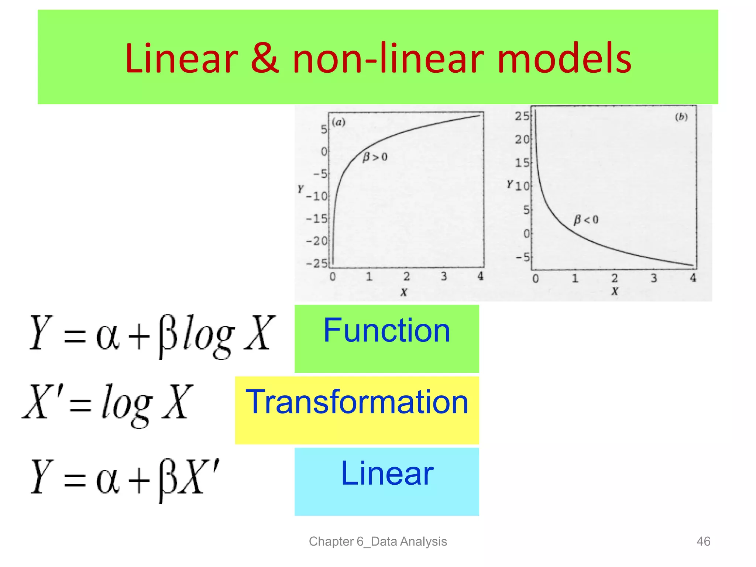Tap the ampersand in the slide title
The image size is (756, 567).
point(264,59)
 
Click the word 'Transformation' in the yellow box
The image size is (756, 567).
point(357,402)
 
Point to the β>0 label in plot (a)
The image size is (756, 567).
point(375,157)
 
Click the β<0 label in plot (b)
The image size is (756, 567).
point(585,220)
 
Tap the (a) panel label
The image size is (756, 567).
point(338,122)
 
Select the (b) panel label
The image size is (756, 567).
point(681,117)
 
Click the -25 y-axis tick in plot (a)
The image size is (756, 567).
point(317,263)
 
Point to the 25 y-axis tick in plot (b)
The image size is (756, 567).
point(522,116)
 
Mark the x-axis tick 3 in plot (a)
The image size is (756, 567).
point(444,276)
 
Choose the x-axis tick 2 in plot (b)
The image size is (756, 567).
point(614,278)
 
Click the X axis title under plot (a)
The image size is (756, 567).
point(404,293)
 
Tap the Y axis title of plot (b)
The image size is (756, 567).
point(509,184)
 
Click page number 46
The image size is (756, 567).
point(703,542)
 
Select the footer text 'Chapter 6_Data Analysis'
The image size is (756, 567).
point(378,542)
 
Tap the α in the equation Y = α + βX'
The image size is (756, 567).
point(107,480)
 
